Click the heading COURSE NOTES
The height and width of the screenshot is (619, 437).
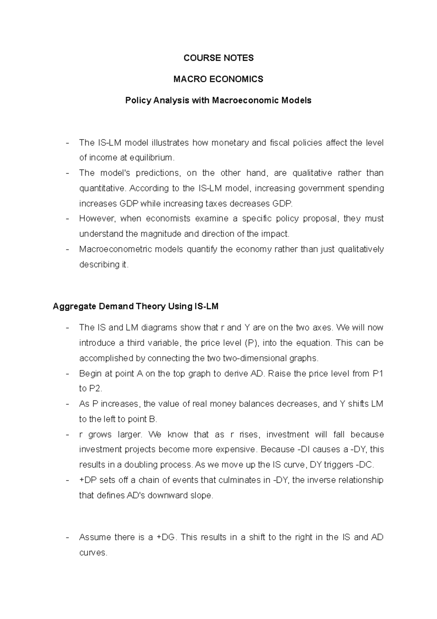pos(219,58)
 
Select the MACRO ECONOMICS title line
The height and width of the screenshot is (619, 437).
pos(219,79)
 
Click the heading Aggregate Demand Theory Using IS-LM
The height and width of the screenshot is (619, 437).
pos(135,306)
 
